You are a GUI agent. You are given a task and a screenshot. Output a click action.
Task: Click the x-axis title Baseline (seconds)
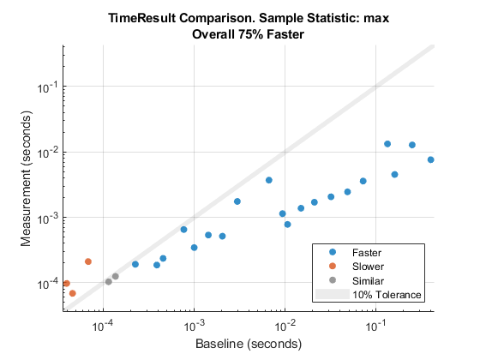click(249, 345)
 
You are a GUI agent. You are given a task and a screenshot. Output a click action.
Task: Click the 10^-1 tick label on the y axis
click(48, 87)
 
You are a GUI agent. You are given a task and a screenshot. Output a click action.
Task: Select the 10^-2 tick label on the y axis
click(48, 152)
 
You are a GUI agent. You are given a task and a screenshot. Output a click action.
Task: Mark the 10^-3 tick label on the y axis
click(48, 217)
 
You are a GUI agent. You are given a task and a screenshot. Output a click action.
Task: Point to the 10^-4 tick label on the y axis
click(48, 283)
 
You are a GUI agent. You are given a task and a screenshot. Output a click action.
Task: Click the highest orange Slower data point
click(88, 261)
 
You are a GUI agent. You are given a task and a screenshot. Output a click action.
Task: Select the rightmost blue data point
click(431, 159)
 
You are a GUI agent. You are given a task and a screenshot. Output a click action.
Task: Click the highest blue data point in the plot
click(387, 144)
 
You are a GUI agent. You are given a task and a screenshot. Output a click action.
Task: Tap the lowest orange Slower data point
click(73, 293)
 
